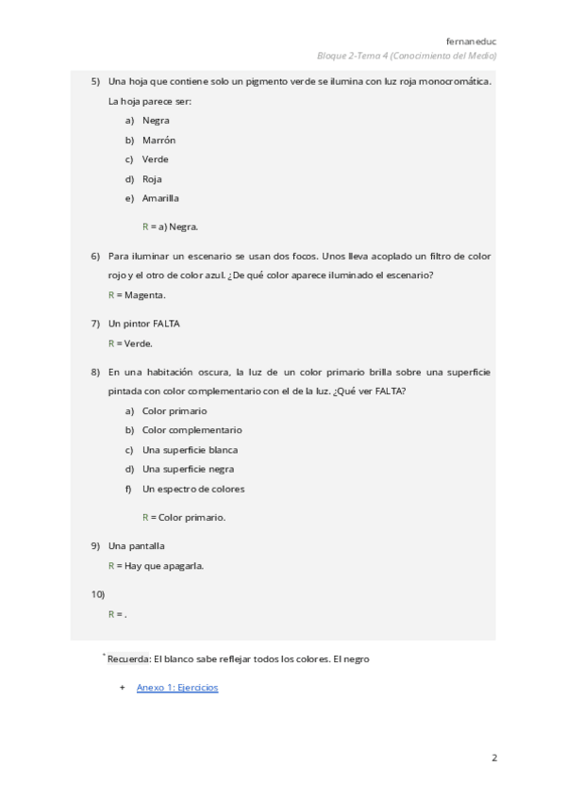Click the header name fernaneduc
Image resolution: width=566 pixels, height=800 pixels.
472,41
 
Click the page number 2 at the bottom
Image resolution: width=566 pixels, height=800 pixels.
493,758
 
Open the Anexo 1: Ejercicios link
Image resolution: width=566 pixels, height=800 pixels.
177,688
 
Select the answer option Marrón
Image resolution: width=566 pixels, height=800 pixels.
158,141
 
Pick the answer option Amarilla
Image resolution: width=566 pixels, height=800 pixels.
160,198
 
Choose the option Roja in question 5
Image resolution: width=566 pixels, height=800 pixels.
152,179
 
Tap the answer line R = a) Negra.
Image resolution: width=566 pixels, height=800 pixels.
171,226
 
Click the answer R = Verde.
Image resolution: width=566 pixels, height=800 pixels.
130,343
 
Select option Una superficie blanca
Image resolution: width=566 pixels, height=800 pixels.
190,450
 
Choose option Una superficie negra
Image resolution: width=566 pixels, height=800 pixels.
188,469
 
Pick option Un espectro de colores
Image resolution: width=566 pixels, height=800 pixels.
193,489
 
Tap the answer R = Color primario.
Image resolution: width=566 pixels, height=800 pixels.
184,517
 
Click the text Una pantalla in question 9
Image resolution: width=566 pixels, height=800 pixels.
137,545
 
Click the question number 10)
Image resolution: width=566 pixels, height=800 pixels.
97,594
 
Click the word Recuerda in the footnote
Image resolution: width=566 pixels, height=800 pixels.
128,658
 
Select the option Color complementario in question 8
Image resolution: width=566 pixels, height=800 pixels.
191,430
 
